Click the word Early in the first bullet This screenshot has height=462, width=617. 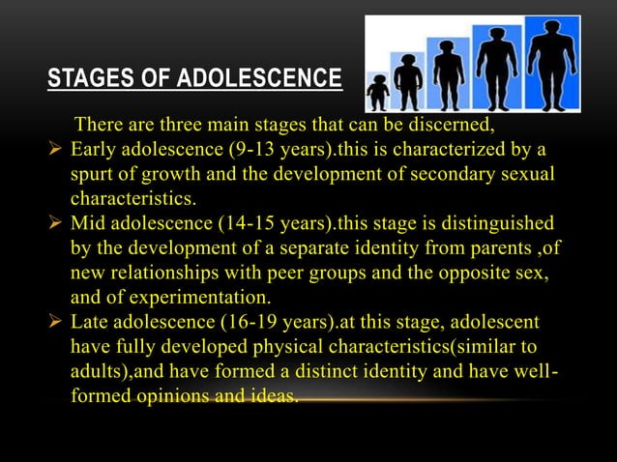(x=94, y=151)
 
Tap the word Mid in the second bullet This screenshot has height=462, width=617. (x=88, y=224)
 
